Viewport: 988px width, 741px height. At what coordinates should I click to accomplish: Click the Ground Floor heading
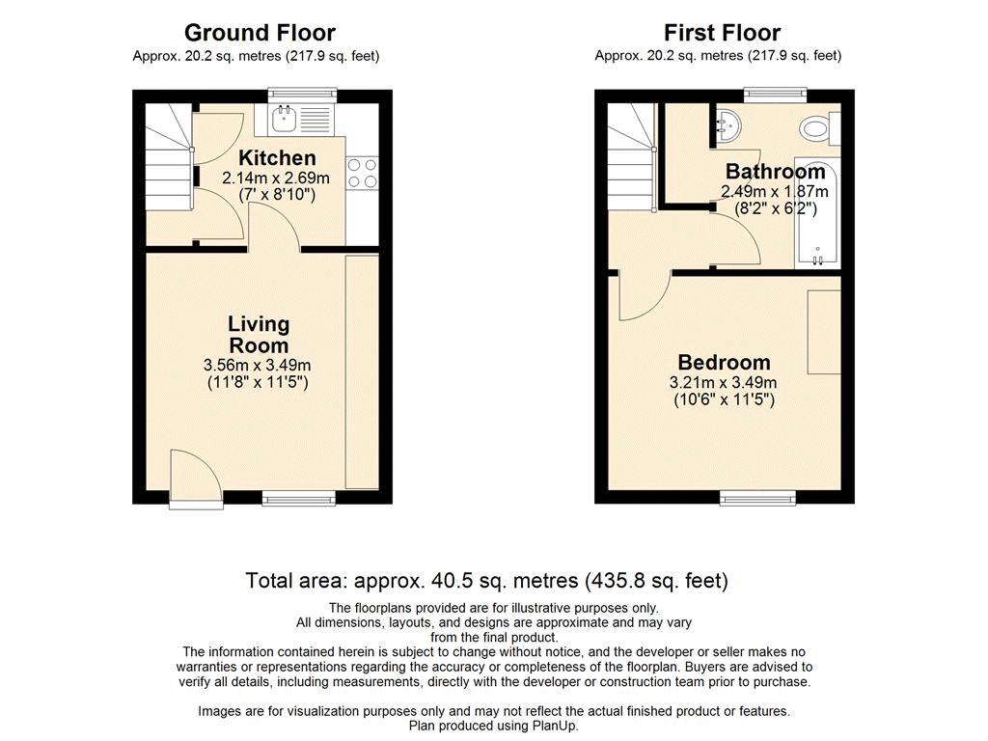pyautogui.click(x=260, y=32)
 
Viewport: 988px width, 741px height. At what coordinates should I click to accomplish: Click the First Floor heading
pyautogui.click(x=722, y=32)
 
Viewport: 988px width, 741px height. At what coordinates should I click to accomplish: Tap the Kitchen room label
pyautogui.click(x=277, y=157)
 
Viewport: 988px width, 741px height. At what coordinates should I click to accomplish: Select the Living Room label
pyautogui.click(x=259, y=335)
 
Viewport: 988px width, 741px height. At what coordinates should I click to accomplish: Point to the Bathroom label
pyautogui.click(x=775, y=172)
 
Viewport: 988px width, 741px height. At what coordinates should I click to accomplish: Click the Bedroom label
pyautogui.click(x=724, y=363)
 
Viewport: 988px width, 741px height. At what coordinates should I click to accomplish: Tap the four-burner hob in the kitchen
pyautogui.click(x=363, y=174)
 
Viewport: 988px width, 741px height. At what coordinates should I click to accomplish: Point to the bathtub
pyautogui.click(x=817, y=212)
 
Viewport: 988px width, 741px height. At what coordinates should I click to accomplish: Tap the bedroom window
pyautogui.click(x=758, y=499)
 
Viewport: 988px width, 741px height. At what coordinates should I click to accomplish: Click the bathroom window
pyautogui.click(x=775, y=96)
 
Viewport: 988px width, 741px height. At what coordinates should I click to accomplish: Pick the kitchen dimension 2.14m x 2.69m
pyautogui.click(x=276, y=178)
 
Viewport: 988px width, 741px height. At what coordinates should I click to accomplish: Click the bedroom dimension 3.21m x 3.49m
pyautogui.click(x=724, y=382)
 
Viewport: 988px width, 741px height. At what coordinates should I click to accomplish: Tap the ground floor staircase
pyautogui.click(x=169, y=157)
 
